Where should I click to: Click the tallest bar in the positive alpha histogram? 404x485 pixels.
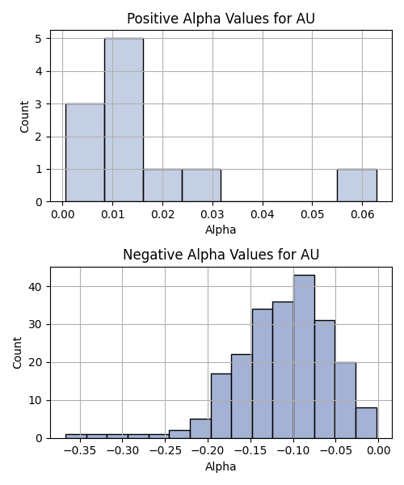[124, 120]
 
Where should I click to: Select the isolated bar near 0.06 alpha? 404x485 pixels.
[357, 185]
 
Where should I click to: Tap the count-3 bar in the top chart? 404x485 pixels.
[85, 153]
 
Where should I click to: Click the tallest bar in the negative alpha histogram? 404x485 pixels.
[304, 356]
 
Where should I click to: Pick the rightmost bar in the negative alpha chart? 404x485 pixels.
[366, 423]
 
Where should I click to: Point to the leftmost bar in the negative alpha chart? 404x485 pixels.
[76, 436]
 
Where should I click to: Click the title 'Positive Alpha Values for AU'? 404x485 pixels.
[221, 19]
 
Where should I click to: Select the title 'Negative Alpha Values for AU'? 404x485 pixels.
[221, 255]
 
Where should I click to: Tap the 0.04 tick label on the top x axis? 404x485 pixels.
[263, 214]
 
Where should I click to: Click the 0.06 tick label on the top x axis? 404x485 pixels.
[363, 214]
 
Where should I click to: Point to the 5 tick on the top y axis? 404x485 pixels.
[39, 39]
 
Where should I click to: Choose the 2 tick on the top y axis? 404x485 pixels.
[39, 137]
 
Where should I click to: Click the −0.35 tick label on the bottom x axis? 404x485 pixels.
[80, 451]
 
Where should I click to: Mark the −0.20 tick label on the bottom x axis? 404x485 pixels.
[208, 451]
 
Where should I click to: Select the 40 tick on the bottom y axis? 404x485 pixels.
[35, 287]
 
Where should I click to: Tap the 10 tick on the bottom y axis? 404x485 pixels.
[35, 401]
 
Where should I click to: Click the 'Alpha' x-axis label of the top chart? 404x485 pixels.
[221, 230]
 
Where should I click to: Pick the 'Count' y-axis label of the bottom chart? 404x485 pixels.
[17, 353]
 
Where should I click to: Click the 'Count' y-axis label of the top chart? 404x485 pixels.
[24, 116]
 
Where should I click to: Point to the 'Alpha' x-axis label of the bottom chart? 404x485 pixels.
[221, 466]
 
